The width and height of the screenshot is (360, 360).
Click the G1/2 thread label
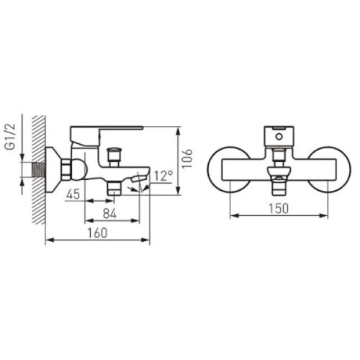pyautogui.click(x=11, y=138)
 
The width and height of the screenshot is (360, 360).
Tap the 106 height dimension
pyautogui.click(x=186, y=158)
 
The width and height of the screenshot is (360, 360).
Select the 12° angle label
pyautogui.click(x=163, y=176)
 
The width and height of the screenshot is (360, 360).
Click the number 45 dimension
pyautogui.click(x=73, y=194)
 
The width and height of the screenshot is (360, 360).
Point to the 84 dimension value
pyautogui.click(x=109, y=213)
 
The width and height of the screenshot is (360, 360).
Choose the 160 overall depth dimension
pyautogui.click(x=97, y=233)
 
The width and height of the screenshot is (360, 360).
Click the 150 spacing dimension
pyautogui.click(x=279, y=208)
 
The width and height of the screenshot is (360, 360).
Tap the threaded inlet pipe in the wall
pyautogui.click(x=39, y=170)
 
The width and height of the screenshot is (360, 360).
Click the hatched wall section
pyautogui.click(x=39, y=169)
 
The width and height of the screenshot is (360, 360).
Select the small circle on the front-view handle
pyautogui.click(x=279, y=137)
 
